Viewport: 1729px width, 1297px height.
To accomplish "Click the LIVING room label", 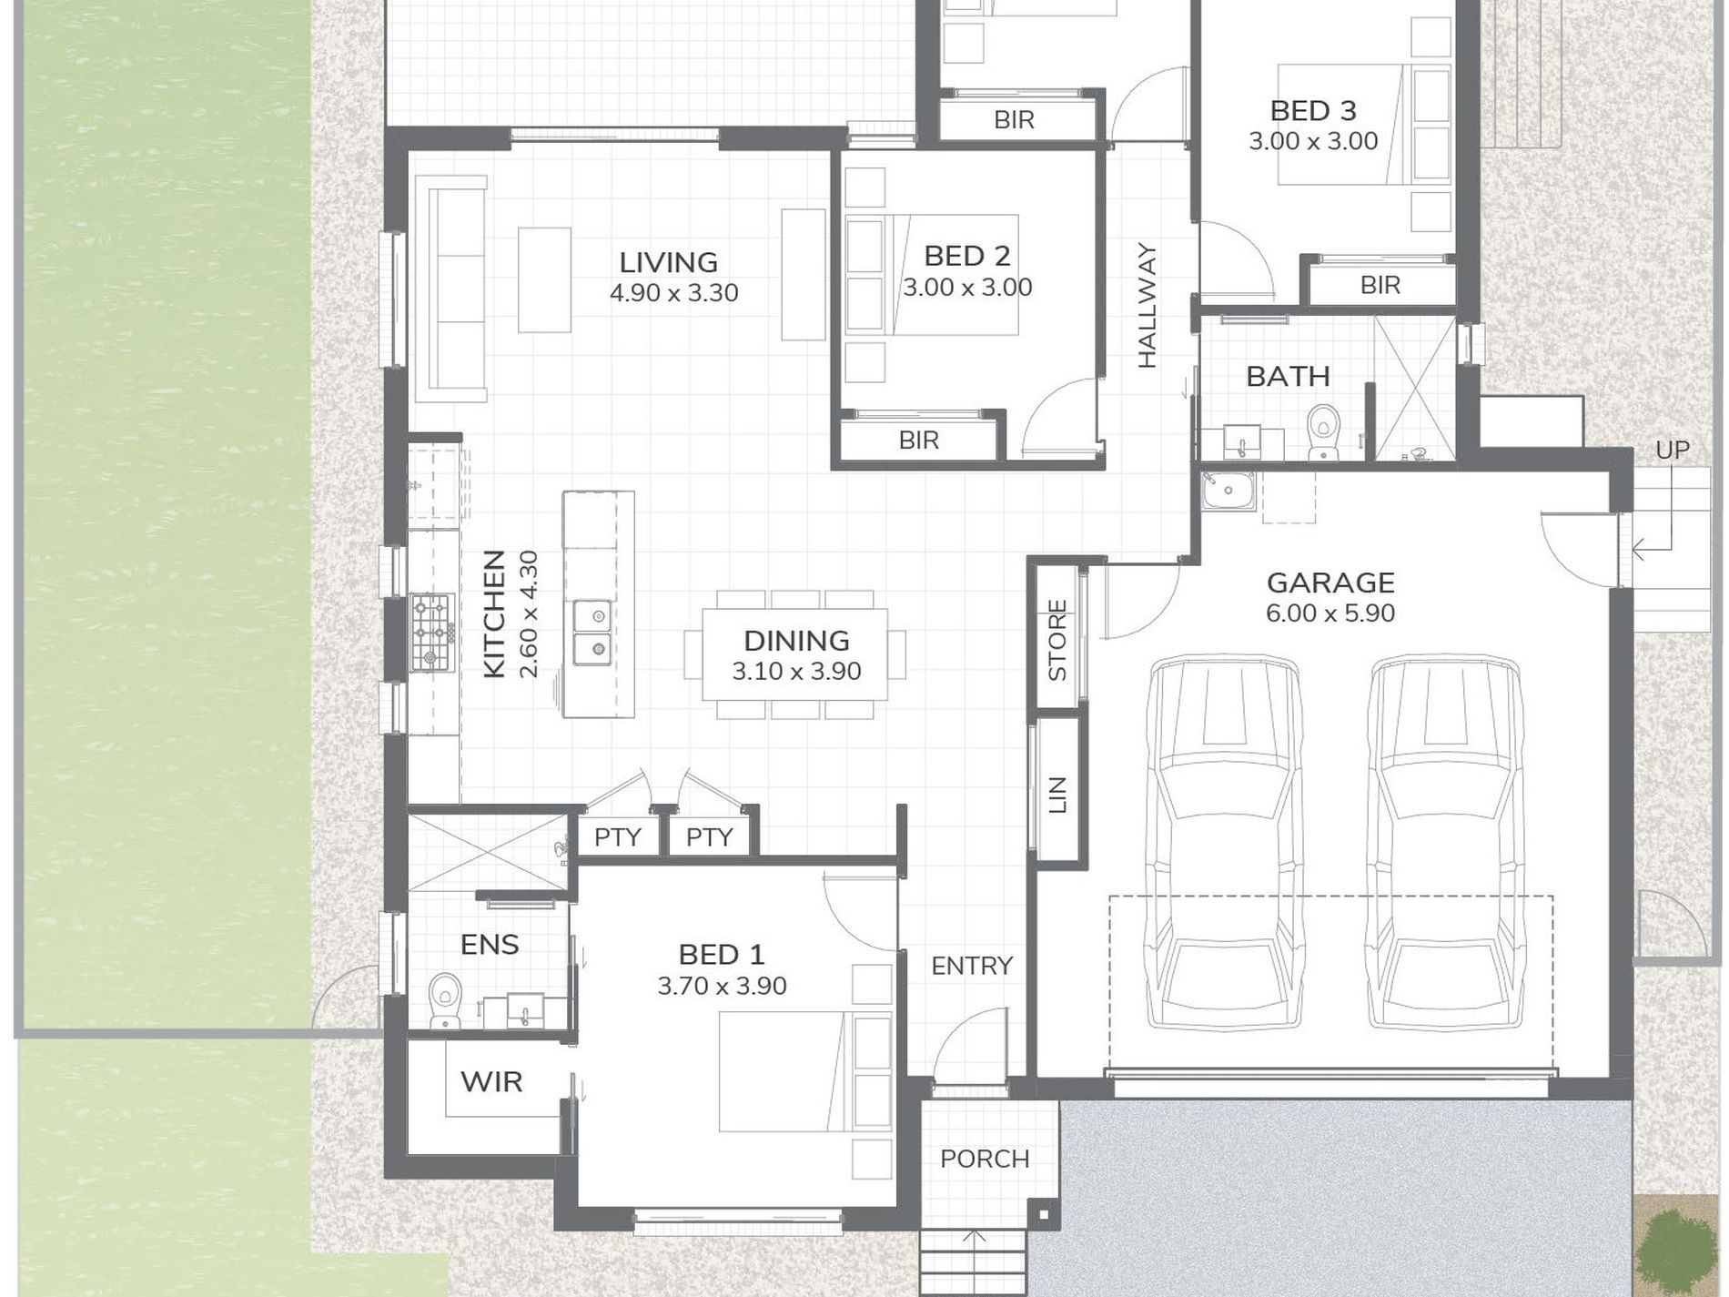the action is tap(669, 263).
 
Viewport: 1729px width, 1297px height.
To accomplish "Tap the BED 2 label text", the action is tap(967, 257).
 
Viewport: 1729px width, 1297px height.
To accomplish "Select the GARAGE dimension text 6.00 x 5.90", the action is tap(1330, 613).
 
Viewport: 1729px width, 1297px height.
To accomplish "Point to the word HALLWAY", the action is tap(1147, 306).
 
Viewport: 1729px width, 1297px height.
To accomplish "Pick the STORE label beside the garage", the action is tap(1057, 641).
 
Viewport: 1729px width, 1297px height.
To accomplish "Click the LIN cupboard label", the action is tap(1057, 795).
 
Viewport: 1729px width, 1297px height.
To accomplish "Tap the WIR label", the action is tap(491, 1082).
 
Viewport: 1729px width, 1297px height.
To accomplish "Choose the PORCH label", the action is tap(986, 1160).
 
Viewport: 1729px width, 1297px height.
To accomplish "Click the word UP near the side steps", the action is tap(1673, 451).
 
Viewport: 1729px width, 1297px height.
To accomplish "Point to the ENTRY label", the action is tap(972, 966).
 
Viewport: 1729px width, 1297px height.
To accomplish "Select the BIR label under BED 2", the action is tap(918, 441).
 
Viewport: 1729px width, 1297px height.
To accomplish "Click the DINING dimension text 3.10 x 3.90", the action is tap(797, 672).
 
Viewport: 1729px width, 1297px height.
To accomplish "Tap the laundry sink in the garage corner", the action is tap(1228, 491).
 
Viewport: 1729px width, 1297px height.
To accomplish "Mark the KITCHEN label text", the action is tap(494, 613).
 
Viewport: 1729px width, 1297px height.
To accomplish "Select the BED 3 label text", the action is tap(1313, 111).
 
